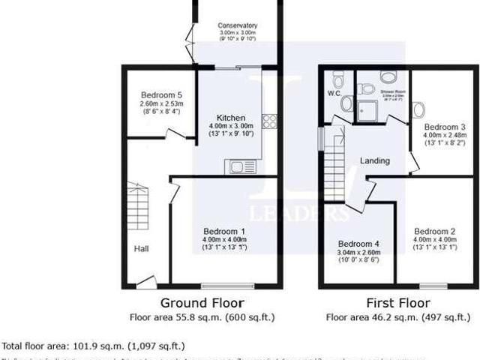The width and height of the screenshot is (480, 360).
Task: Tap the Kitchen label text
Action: pyautogui.click(x=230, y=118)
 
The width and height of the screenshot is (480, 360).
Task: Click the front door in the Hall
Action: pyautogui.click(x=145, y=283)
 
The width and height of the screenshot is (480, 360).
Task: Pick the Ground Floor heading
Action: pyautogui.click(x=202, y=303)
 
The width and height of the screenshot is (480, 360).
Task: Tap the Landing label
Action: pyautogui.click(x=375, y=161)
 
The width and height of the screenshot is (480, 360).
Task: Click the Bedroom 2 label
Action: pyautogui.click(x=435, y=231)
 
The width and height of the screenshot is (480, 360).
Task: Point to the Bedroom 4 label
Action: pyautogui.click(x=358, y=244)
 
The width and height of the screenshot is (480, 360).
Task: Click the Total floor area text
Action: pyautogui.click(x=94, y=346)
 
